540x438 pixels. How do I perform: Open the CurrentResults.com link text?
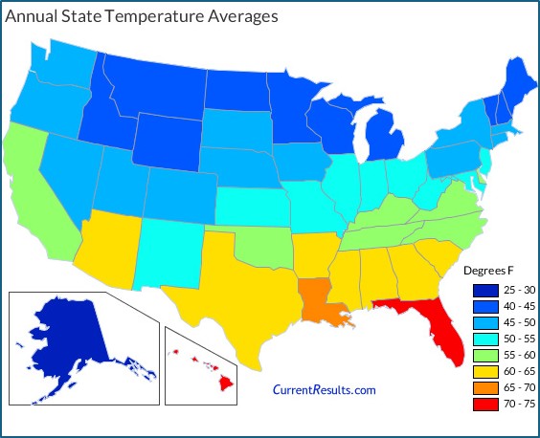(325, 389)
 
